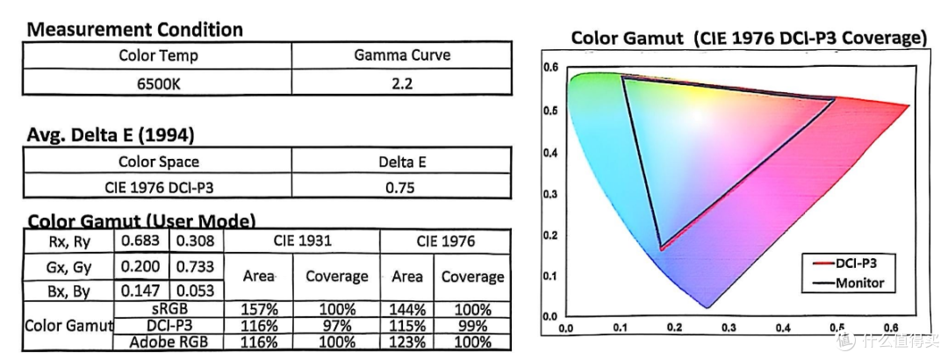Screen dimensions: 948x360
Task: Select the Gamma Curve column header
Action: [402, 55]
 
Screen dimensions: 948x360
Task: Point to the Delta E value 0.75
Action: [400, 188]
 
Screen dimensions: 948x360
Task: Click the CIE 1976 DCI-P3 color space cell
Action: [158, 188]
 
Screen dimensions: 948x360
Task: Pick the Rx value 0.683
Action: [140, 241]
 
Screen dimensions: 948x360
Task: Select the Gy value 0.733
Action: [195, 266]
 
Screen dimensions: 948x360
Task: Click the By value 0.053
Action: [195, 291]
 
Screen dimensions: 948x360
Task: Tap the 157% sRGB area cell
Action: [259, 310]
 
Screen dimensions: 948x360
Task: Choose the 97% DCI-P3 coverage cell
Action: [337, 326]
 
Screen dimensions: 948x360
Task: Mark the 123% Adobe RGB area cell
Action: [407, 342]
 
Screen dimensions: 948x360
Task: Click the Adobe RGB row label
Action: [168, 342]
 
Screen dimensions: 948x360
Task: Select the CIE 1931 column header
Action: [301, 241]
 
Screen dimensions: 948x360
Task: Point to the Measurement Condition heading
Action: [134, 30]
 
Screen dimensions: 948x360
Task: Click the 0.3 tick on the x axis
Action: [729, 328]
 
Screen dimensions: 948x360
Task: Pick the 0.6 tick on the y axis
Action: [549, 67]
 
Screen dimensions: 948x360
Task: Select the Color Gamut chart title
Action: [749, 38]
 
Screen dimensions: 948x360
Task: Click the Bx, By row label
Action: [68, 291]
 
